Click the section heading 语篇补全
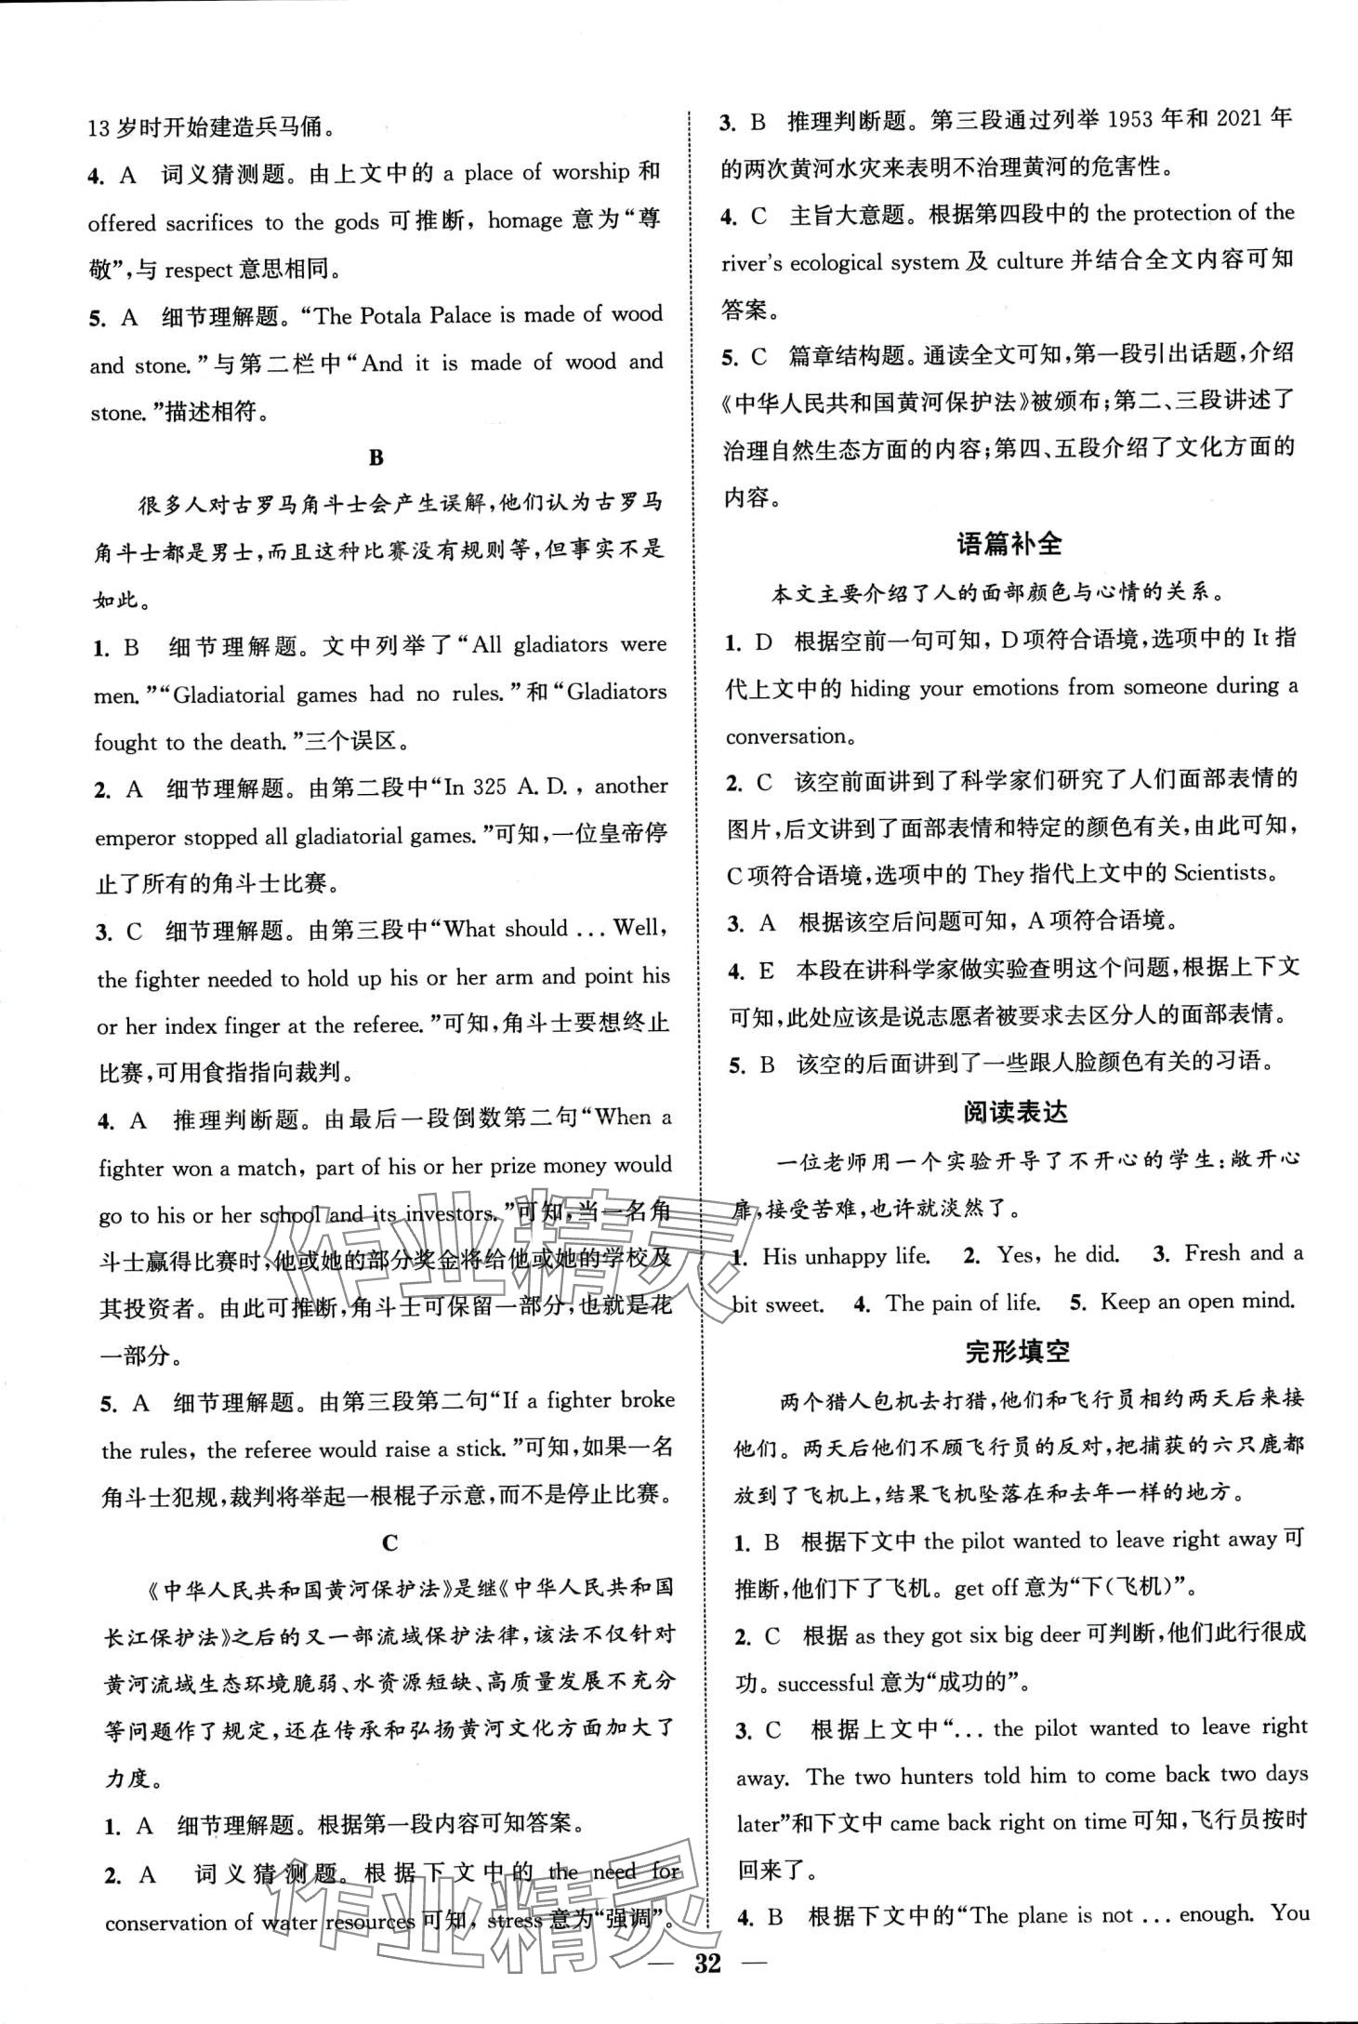[1009, 545]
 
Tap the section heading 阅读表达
[1015, 1111]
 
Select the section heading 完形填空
[1017, 1352]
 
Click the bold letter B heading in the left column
[376, 458]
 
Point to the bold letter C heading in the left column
[389, 1542]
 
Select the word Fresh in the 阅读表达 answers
[1214, 1253]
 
